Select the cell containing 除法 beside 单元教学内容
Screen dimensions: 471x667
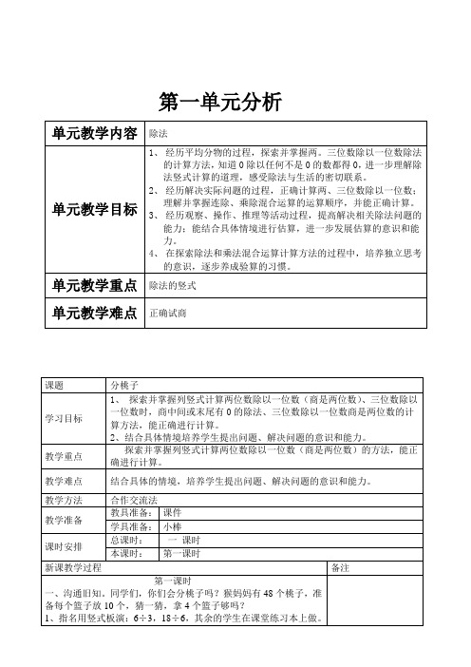(x=160, y=134)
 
